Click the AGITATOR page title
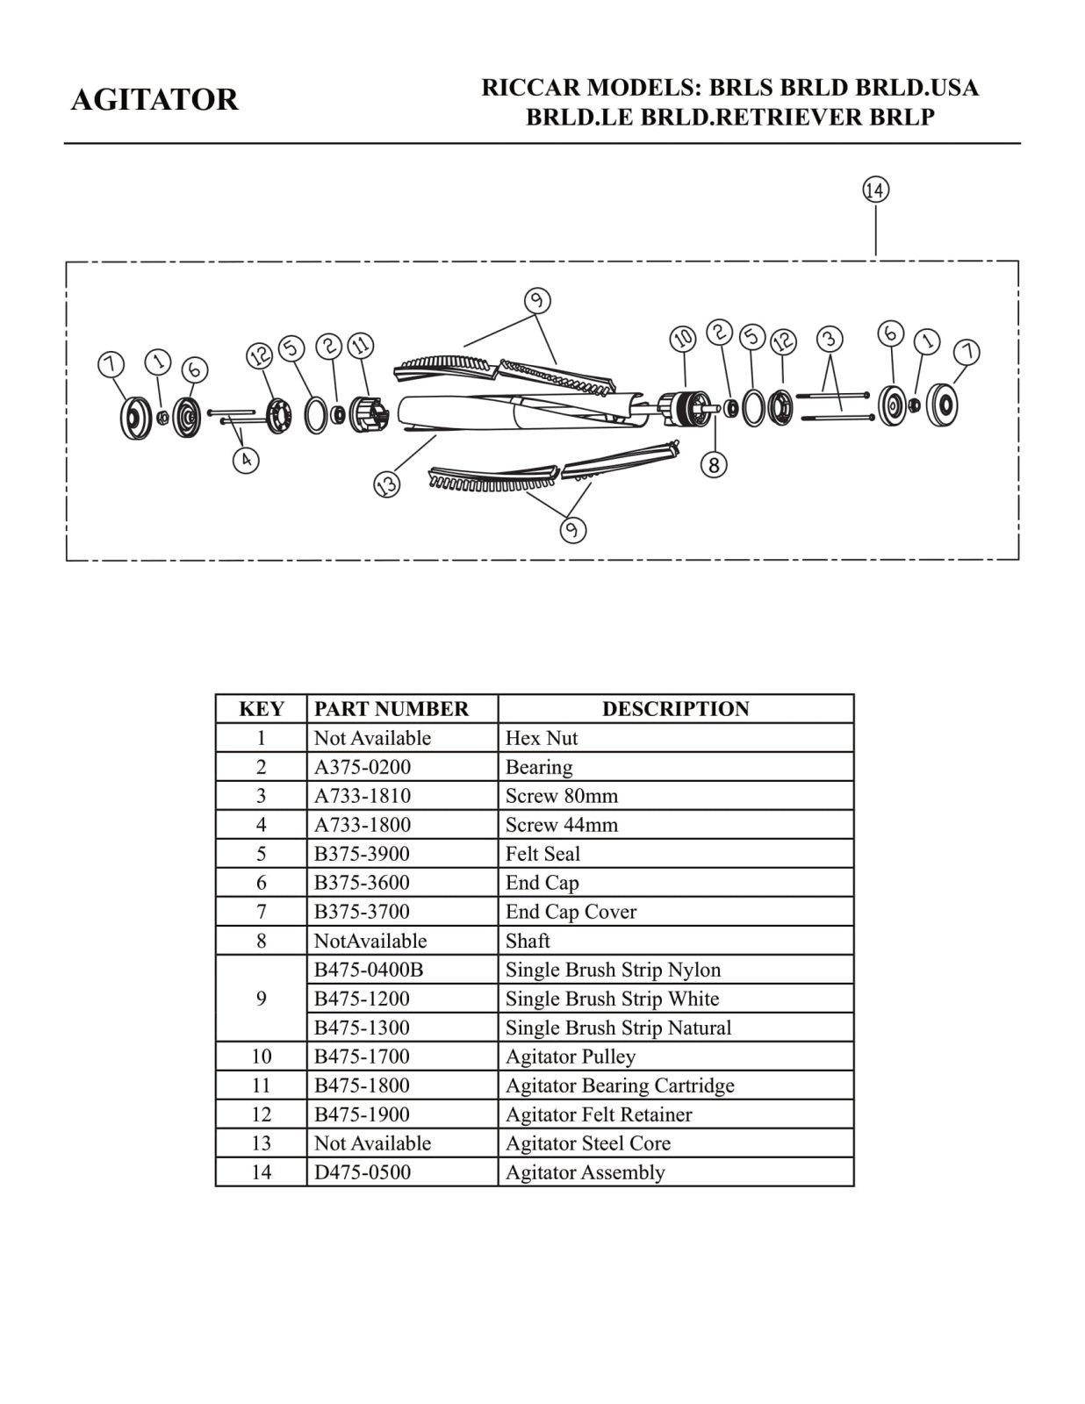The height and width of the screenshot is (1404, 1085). (x=154, y=100)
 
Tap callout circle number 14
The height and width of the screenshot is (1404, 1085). (x=875, y=190)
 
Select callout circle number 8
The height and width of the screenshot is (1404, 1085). (x=715, y=464)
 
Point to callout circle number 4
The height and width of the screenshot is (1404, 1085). (x=246, y=459)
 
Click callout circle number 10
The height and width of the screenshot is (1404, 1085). (x=683, y=339)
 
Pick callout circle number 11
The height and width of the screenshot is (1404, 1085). (x=360, y=346)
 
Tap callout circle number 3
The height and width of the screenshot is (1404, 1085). (x=830, y=339)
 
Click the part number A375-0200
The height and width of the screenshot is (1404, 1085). (x=363, y=767)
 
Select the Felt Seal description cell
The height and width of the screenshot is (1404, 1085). (x=542, y=854)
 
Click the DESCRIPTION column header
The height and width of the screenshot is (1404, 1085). (x=675, y=709)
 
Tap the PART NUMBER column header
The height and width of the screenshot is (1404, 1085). (x=392, y=709)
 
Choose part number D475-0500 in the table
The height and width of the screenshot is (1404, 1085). (x=363, y=1172)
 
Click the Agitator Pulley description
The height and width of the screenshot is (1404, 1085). (x=571, y=1057)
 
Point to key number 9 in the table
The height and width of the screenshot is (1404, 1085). (x=261, y=999)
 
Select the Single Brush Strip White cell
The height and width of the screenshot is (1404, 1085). (x=612, y=999)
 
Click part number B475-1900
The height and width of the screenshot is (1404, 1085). (x=363, y=1114)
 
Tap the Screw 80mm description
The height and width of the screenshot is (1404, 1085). (x=562, y=796)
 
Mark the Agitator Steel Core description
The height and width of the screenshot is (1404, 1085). (x=588, y=1143)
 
